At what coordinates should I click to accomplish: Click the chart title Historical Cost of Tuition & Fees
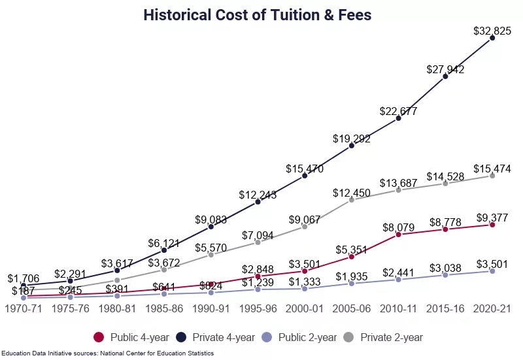click(x=258, y=14)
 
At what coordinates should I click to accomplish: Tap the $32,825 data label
click(x=492, y=30)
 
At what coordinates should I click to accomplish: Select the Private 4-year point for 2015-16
click(x=445, y=76)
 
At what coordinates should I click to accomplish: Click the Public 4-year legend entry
click(x=131, y=337)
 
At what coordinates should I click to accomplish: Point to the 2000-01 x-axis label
click(x=305, y=308)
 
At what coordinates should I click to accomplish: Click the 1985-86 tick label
click(x=164, y=308)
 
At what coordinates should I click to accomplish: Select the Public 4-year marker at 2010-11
click(x=398, y=234)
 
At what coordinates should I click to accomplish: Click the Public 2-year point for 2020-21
click(x=492, y=270)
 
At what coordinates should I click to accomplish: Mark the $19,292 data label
click(x=352, y=139)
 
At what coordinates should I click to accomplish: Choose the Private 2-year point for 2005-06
click(x=352, y=199)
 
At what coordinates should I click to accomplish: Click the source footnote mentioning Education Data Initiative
click(x=107, y=353)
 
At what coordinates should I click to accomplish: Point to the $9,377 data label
click(x=492, y=218)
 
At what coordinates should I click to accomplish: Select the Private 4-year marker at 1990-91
click(x=211, y=227)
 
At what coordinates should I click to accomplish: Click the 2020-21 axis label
click(x=492, y=308)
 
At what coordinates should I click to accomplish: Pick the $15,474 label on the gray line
click(x=492, y=169)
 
